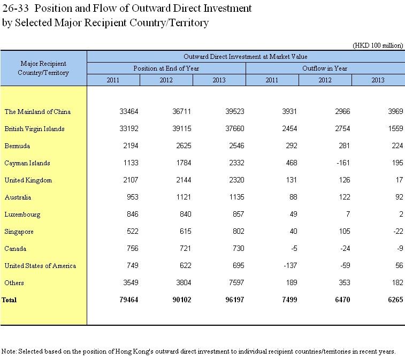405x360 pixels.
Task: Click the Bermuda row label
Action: click(x=17, y=146)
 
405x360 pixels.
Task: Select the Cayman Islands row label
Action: click(x=27, y=163)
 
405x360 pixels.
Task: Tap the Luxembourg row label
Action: click(x=22, y=215)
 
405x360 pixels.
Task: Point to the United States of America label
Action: click(x=40, y=266)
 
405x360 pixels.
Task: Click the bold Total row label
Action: click(x=9, y=300)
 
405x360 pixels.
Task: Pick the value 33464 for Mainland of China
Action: click(x=129, y=112)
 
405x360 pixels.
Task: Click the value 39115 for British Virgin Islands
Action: click(x=182, y=128)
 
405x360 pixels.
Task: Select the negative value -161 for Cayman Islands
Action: click(x=343, y=163)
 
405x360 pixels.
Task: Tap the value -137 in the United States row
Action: click(x=291, y=265)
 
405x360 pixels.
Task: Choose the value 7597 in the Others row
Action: click(x=236, y=282)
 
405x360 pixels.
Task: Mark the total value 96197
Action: click(x=235, y=300)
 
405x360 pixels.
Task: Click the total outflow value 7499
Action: click(x=289, y=300)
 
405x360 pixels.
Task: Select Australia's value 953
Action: click(x=133, y=197)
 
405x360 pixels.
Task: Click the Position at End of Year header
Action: click(x=166, y=68)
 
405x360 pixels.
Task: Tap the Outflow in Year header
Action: click(x=325, y=68)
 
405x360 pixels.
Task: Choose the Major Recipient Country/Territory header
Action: click(x=43, y=68)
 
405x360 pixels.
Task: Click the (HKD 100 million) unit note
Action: click(x=378, y=45)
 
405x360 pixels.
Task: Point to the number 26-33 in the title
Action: click(x=15, y=8)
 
